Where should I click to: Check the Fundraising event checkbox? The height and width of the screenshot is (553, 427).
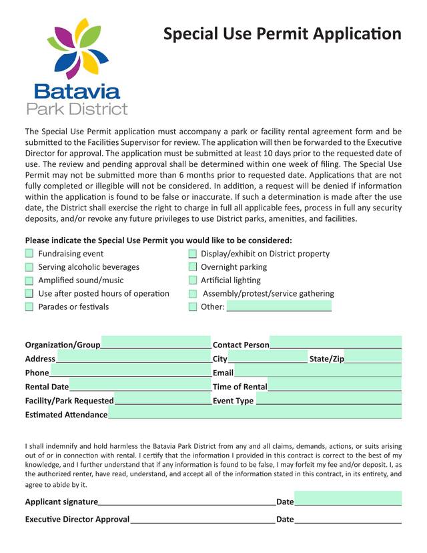(x=29, y=254)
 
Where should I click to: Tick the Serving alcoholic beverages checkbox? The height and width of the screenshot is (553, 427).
(x=29, y=267)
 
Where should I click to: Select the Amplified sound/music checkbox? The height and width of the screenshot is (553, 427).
(x=29, y=281)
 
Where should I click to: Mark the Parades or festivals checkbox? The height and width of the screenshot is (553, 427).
(x=29, y=307)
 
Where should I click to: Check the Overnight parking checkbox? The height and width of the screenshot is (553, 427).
(x=193, y=267)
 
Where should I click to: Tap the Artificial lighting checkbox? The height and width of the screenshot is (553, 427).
(x=193, y=281)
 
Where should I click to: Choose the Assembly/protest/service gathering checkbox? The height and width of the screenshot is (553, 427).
(x=193, y=294)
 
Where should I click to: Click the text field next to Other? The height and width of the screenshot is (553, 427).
(x=279, y=307)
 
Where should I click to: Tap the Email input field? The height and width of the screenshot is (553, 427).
(x=318, y=372)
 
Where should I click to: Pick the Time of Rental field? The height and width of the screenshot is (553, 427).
(x=334, y=386)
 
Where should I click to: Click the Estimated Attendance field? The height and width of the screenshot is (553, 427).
(x=254, y=414)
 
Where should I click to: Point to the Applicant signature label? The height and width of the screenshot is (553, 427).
(x=61, y=502)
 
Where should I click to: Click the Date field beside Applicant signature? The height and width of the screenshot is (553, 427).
(x=348, y=500)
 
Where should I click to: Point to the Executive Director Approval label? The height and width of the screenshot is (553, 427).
(x=77, y=519)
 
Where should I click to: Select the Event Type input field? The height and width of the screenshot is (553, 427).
(x=328, y=400)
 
